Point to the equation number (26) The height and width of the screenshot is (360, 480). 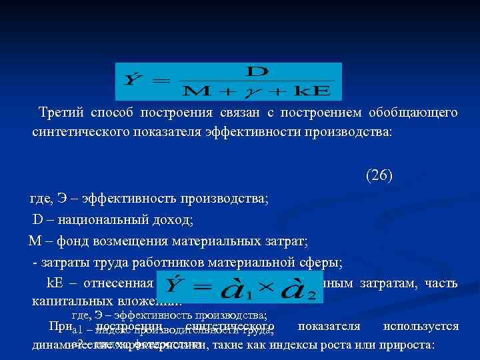point(379,176)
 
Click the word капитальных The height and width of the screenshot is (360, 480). point(72,301)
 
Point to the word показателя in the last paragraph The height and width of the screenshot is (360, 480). point(329,327)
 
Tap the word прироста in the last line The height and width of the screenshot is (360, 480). point(406,345)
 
